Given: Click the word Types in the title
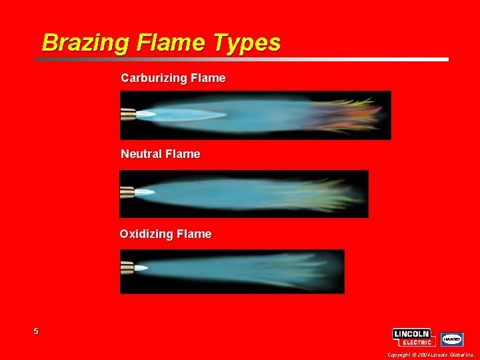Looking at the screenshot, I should [x=248, y=43].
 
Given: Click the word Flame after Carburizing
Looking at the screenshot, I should [x=208, y=79].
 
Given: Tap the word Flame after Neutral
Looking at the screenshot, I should [x=183, y=154].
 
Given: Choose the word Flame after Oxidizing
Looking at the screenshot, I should [x=194, y=234].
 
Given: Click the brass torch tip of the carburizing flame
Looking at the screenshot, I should [x=127, y=115].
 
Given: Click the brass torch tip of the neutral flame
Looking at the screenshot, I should [x=127, y=194].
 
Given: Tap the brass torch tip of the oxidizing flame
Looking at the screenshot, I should [x=127, y=268].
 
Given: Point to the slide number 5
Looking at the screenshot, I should [x=36, y=331].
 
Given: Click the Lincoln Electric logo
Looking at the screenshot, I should [x=414, y=337].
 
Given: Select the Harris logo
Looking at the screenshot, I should [x=451, y=339].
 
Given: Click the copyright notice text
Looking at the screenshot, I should [x=430, y=355].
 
